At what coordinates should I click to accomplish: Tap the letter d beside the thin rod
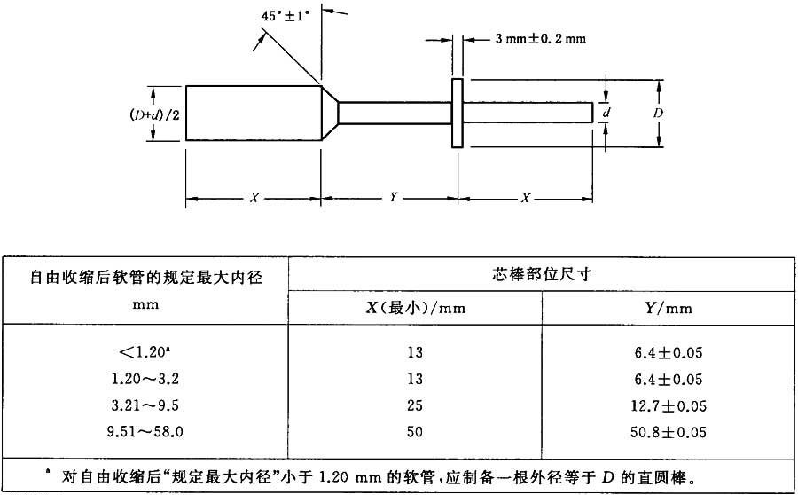click(606, 114)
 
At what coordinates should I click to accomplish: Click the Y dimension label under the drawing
click(392, 198)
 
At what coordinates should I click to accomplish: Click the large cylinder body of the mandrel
click(253, 113)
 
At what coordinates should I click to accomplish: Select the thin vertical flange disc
click(457, 113)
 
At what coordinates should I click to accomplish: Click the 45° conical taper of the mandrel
click(329, 113)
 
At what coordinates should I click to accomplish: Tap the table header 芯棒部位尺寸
click(541, 274)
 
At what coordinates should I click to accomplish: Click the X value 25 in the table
click(416, 406)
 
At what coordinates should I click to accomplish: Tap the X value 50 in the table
click(416, 433)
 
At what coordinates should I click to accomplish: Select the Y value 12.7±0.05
click(669, 406)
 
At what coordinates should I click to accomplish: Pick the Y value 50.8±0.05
click(669, 433)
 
